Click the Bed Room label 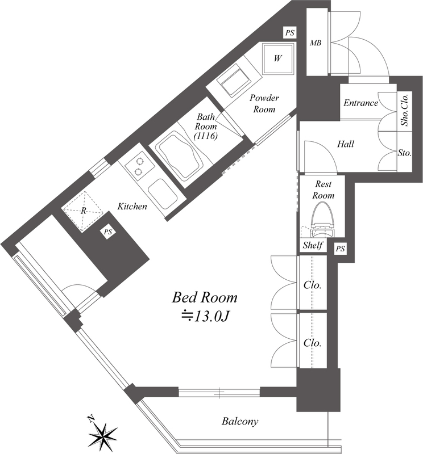pyautogui.click(x=205, y=297)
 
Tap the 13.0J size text pyautogui.click(x=205, y=317)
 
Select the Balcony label pyautogui.click(x=239, y=421)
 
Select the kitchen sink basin pyautogui.click(x=163, y=194)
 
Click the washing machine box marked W pyautogui.click(x=277, y=58)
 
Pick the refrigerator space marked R pyautogui.click(x=83, y=211)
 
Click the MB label pyautogui.click(x=316, y=43)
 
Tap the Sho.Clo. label pyautogui.click(x=405, y=110)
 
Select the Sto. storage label pyautogui.click(x=405, y=153)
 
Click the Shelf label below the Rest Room pyautogui.click(x=313, y=246)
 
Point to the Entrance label pyautogui.click(x=360, y=103)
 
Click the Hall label pyautogui.click(x=346, y=144)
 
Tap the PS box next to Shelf pyautogui.click(x=341, y=249)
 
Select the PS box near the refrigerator pyautogui.click(x=108, y=232)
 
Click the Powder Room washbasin pyautogui.click(x=233, y=82)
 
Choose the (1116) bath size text pyautogui.click(x=206, y=136)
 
